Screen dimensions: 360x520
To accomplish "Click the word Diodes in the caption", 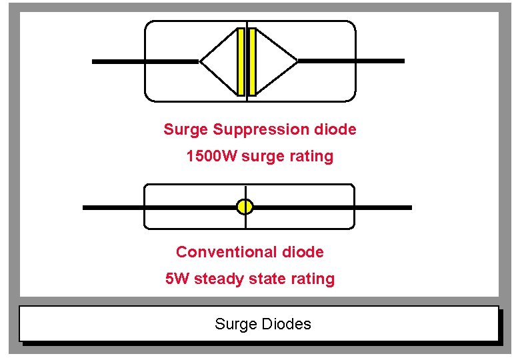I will pyautogui.click(x=286, y=325).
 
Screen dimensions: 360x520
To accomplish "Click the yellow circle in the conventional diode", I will pyautogui.click(x=245, y=207).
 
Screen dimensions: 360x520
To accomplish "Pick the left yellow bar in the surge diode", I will pyautogui.click(x=241, y=61).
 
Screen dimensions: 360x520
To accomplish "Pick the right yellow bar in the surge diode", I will pyautogui.click(x=253, y=61).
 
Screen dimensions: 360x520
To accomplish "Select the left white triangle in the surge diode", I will pyautogui.click(x=220, y=61).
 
